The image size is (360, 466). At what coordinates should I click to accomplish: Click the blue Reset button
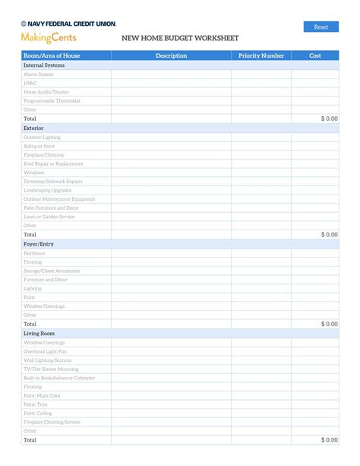(321, 27)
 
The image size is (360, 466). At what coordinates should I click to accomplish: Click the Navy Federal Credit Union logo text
(69, 24)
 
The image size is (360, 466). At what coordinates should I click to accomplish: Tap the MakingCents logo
(49, 37)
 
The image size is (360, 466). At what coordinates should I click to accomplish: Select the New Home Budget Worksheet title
(180, 37)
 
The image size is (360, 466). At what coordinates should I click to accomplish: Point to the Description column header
(171, 55)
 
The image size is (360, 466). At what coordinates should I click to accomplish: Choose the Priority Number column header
(261, 55)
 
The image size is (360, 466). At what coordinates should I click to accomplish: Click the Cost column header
(315, 55)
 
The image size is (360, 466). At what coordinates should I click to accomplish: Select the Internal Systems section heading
(44, 65)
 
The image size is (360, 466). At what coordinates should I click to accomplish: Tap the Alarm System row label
(39, 74)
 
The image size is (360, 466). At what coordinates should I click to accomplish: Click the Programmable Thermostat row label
(52, 100)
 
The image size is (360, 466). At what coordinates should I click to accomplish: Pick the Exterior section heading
(33, 128)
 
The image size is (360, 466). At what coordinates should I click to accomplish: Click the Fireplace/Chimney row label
(44, 155)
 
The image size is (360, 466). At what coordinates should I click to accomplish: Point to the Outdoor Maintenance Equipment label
(59, 199)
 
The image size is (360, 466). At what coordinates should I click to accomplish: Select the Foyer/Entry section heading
(38, 244)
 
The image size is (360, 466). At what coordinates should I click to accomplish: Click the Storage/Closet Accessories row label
(52, 271)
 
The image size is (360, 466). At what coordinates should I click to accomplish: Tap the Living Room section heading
(39, 333)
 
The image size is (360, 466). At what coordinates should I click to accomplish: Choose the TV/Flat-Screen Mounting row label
(51, 369)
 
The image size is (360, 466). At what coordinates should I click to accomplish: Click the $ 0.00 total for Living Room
(329, 439)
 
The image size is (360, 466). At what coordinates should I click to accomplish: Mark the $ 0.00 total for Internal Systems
(329, 119)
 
